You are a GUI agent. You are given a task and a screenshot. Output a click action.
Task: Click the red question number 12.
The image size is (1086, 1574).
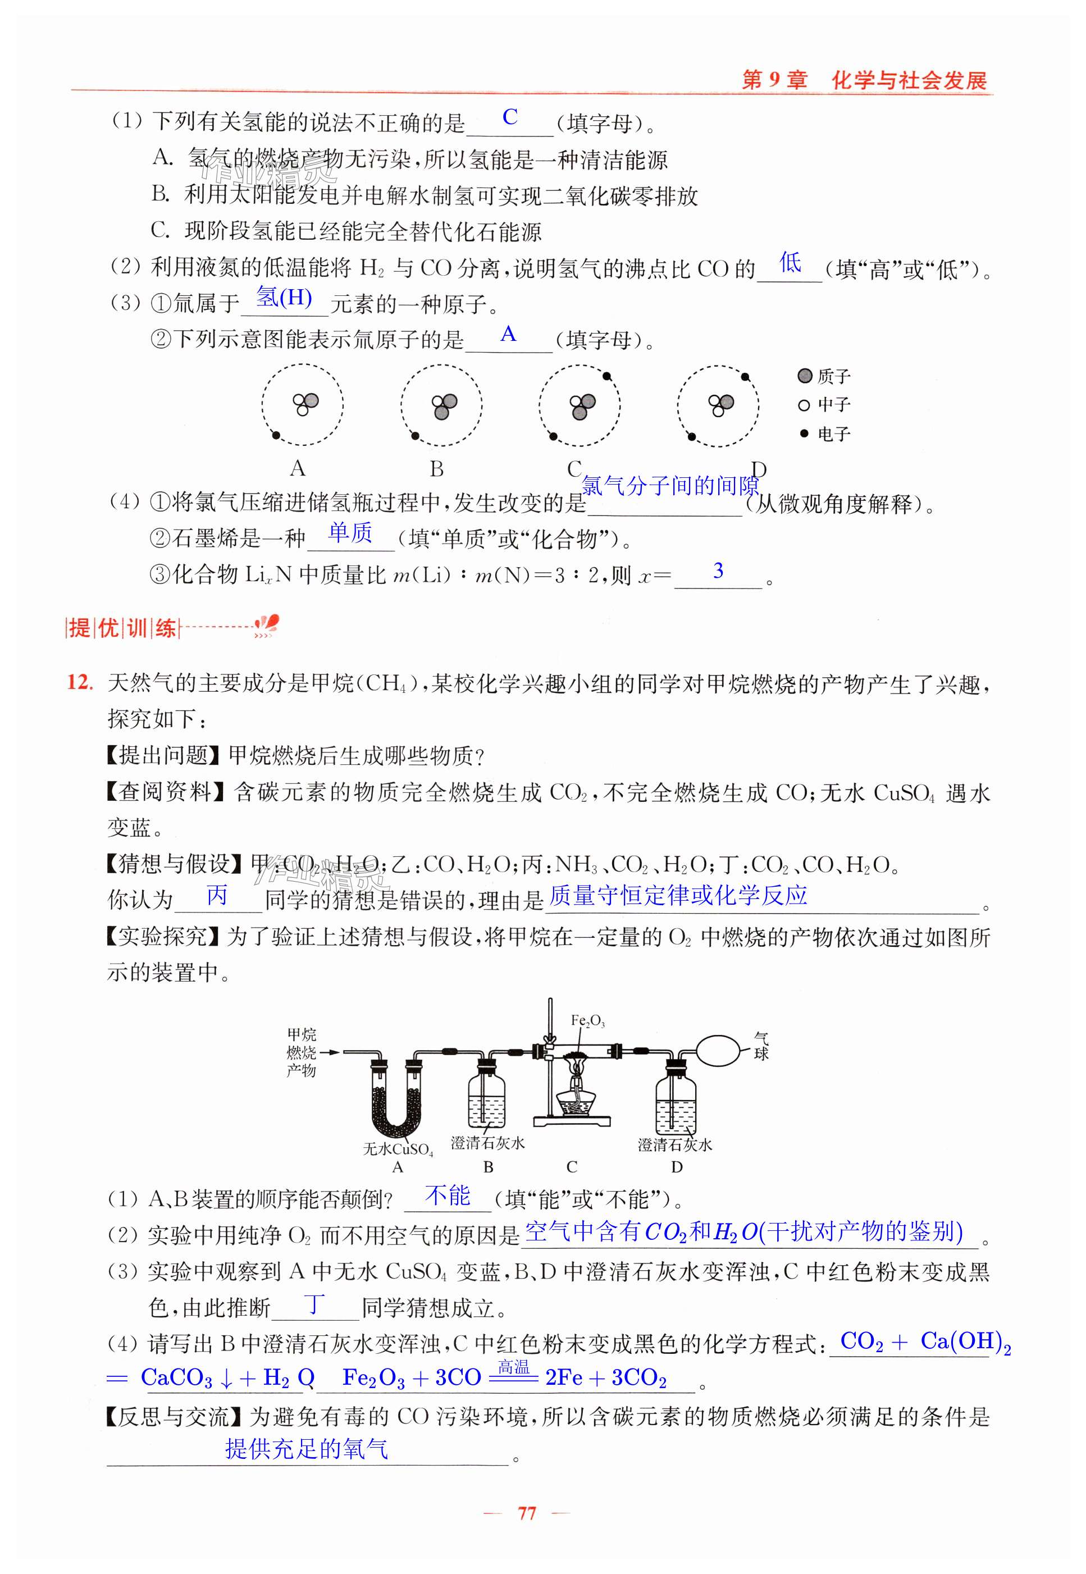click(x=79, y=682)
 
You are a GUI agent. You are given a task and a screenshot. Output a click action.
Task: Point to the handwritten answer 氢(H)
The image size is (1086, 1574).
click(x=284, y=298)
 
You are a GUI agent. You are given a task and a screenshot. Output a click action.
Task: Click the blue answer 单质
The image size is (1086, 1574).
click(x=350, y=533)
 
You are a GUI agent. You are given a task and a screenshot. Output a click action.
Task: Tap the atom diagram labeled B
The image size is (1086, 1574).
click(x=441, y=405)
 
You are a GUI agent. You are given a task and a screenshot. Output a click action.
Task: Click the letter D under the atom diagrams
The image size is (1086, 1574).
click(x=758, y=469)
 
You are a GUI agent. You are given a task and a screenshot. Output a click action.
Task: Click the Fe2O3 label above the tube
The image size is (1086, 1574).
click(x=587, y=1020)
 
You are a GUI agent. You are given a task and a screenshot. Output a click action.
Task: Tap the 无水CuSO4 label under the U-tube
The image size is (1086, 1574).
click(x=398, y=1149)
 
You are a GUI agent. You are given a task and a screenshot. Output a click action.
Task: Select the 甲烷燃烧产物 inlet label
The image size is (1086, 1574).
click(x=301, y=1053)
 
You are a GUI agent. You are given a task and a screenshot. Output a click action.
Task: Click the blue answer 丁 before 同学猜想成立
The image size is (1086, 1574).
click(x=314, y=1303)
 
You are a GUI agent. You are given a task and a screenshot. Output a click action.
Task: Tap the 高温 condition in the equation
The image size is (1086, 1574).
click(x=513, y=1366)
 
